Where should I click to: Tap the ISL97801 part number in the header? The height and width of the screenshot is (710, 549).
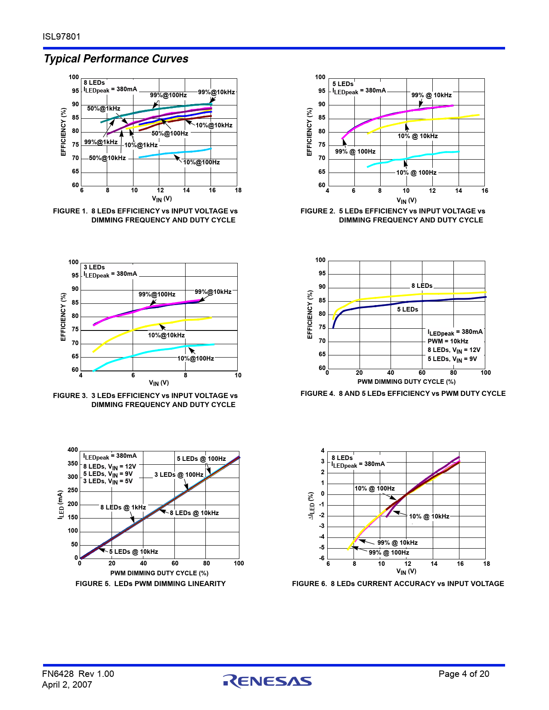62,37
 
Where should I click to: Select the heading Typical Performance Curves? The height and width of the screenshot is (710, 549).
116,59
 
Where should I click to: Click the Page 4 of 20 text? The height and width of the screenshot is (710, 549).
464,674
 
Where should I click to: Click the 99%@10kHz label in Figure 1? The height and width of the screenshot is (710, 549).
217,92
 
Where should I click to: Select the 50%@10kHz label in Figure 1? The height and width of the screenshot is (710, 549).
107,158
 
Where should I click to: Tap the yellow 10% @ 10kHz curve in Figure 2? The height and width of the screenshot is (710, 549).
431,120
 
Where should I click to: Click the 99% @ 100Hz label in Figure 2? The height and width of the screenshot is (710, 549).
355,151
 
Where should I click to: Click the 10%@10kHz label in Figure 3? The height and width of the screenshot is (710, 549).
166,335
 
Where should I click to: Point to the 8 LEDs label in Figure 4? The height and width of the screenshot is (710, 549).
422,286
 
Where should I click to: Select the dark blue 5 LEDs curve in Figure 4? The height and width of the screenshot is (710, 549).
388,305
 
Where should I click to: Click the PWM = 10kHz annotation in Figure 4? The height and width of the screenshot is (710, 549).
448,341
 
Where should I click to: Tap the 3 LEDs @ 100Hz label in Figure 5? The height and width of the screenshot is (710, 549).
179,475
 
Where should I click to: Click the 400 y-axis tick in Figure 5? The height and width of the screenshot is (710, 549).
73,450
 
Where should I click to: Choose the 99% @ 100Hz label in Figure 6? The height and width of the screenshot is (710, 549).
389,553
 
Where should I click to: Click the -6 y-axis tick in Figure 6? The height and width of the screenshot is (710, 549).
322,558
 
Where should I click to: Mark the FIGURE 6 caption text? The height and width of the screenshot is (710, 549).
398,583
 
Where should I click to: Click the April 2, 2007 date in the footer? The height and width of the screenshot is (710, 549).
67,685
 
